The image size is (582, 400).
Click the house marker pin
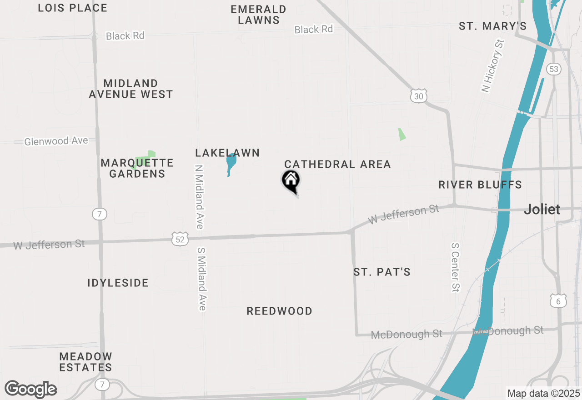pos(291,181)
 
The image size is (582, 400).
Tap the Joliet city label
pos(542,210)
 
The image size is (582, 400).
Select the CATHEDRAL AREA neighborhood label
pos(337,164)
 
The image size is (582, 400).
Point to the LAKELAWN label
pos(227,153)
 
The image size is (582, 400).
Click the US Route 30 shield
pos(418,96)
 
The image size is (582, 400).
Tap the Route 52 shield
pos(181,239)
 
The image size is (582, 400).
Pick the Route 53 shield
pos(554,69)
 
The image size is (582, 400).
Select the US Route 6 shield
pos(558,300)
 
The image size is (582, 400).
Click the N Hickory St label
pos(493,66)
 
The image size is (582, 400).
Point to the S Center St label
pos(456,267)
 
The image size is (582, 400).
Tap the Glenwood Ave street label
pos(56,141)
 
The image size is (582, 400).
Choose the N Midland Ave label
pos(199,196)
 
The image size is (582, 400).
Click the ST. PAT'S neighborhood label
pos(382,272)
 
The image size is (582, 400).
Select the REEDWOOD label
pos(279,311)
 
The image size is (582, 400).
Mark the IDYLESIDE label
pos(118,283)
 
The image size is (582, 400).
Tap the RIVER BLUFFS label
pos(480,185)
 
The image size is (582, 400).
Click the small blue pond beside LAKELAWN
pos(231,164)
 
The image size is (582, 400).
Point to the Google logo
pos(31,389)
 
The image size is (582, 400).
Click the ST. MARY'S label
pos(493,26)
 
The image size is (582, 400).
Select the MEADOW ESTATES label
pos(86,362)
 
